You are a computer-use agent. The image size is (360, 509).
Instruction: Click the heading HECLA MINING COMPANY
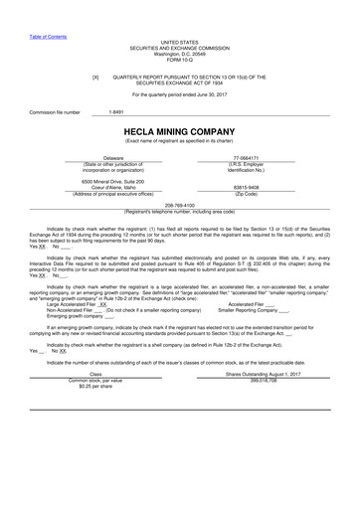click(179, 131)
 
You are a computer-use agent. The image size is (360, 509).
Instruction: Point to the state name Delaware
click(116, 158)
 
